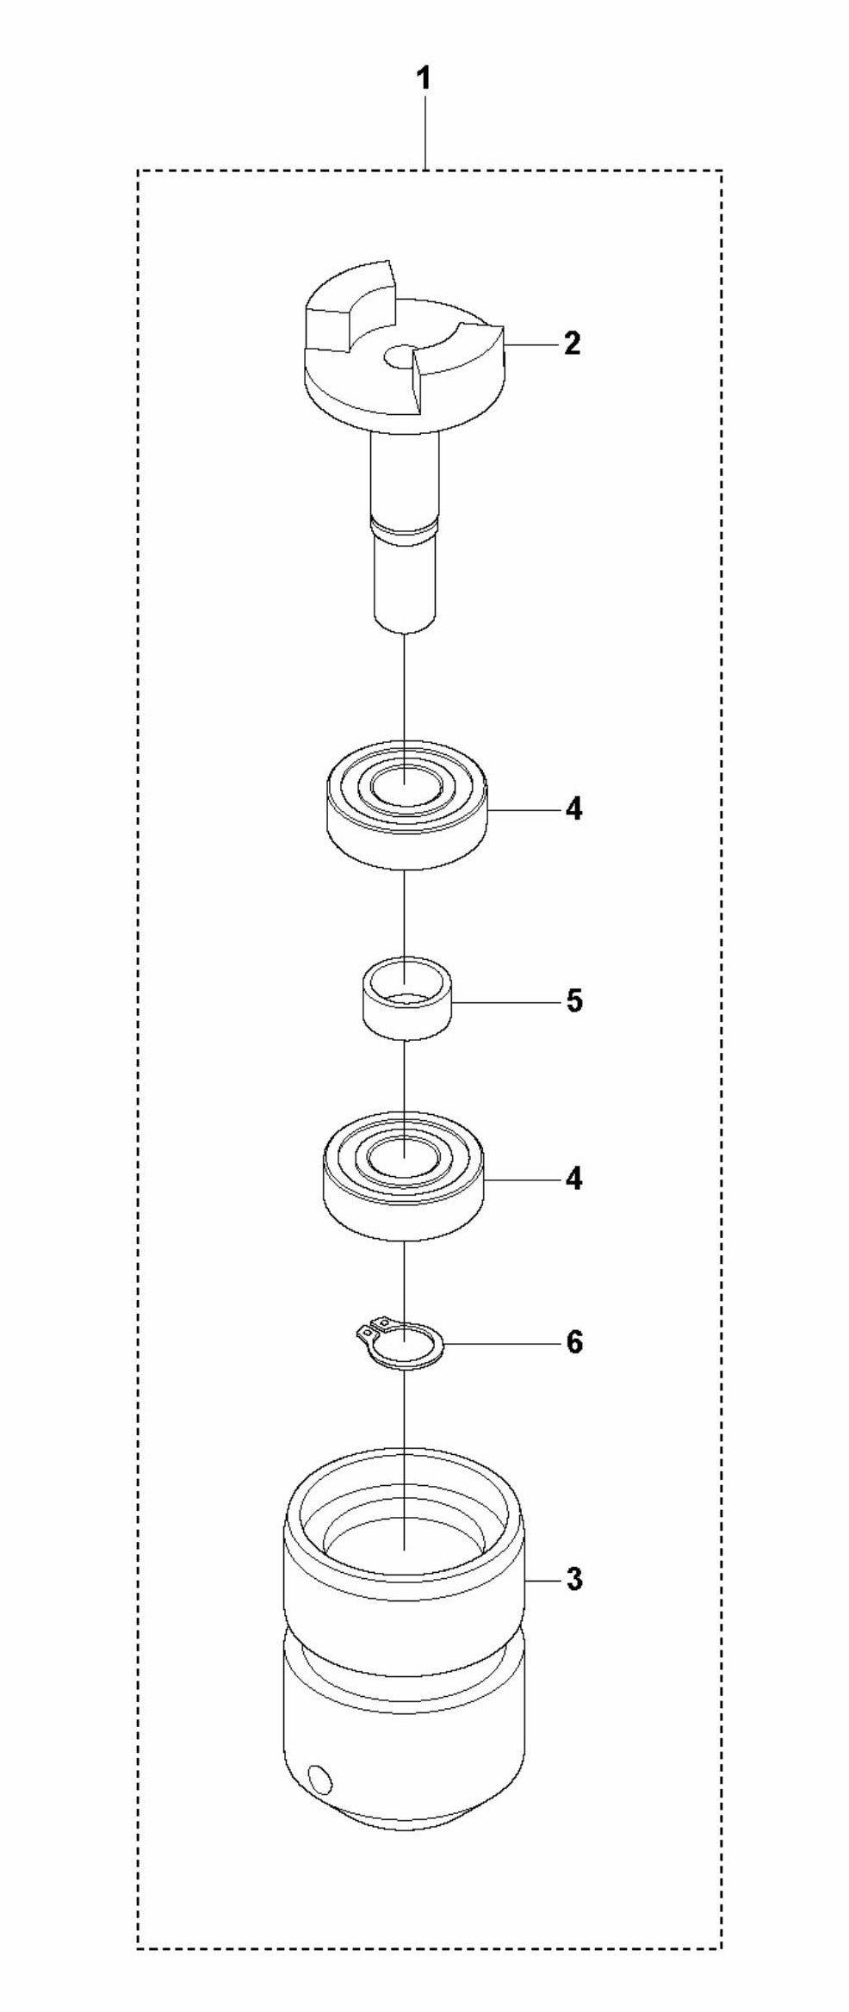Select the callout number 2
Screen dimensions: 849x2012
click(x=573, y=344)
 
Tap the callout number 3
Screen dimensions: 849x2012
click(x=574, y=1579)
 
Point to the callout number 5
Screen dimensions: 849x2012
click(x=574, y=1001)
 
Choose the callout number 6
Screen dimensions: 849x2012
click(x=574, y=1342)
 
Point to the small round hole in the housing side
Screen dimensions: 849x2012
click(x=320, y=1776)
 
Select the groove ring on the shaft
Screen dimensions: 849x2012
click(x=404, y=527)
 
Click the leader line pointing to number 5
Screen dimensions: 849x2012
click(x=506, y=1002)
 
